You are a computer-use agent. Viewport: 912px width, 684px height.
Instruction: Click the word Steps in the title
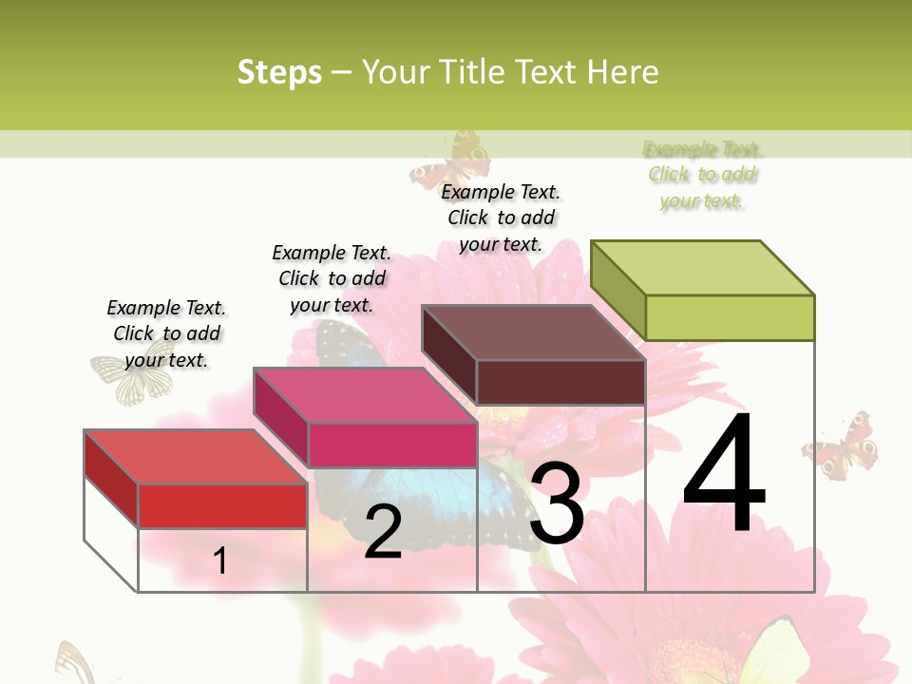click(x=279, y=72)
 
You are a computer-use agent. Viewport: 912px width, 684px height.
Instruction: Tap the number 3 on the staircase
click(x=557, y=504)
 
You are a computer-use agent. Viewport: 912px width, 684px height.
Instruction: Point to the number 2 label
click(x=383, y=532)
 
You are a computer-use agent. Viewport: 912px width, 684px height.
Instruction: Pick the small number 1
click(x=220, y=560)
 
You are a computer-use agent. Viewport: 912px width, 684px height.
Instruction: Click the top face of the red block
click(x=195, y=457)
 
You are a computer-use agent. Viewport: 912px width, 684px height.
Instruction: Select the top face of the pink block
click(x=365, y=394)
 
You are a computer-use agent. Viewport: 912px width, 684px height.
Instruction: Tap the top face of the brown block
click(x=533, y=332)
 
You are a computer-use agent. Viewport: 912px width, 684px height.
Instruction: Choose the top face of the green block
click(x=703, y=267)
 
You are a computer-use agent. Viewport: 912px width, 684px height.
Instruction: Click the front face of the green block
click(x=730, y=317)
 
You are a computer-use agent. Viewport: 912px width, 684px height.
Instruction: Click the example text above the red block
click(x=166, y=333)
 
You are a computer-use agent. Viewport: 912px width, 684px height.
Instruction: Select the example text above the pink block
click(x=332, y=278)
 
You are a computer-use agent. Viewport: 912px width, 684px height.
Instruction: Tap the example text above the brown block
click(x=501, y=218)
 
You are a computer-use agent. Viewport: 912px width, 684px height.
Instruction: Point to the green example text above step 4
click(x=702, y=175)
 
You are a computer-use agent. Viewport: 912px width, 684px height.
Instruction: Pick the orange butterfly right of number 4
click(x=840, y=446)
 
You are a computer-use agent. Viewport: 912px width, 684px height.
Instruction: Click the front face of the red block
click(x=222, y=506)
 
